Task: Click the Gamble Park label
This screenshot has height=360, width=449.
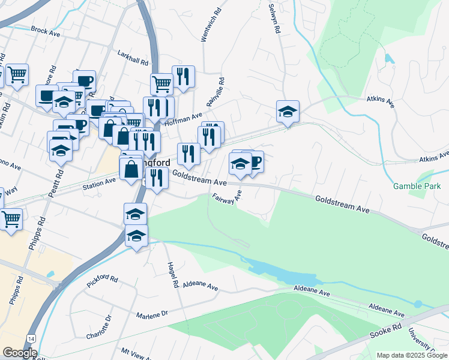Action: point(417,186)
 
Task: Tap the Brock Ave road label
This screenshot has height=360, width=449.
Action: point(46,31)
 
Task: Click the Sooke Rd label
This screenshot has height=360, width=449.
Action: point(388,329)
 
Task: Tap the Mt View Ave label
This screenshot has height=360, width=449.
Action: point(134,353)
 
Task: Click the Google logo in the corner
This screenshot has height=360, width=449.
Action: point(20,353)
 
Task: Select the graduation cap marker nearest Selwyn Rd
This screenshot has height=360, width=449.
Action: point(288,112)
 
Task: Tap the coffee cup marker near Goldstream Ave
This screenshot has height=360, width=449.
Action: point(254,161)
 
